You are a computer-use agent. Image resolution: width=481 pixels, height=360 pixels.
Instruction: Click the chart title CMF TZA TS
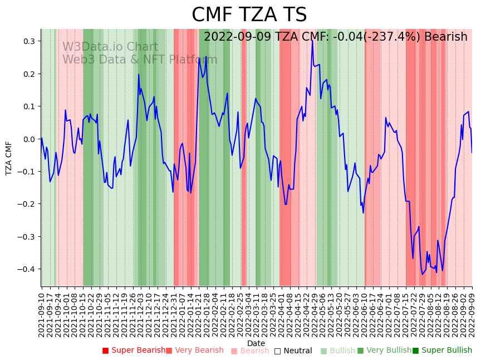(249, 15)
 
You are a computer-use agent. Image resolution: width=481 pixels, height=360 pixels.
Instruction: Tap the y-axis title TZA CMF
(9, 158)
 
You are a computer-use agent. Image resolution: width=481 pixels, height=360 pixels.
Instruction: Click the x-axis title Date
(256, 343)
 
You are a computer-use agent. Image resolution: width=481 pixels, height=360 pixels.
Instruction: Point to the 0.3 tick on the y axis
(28, 41)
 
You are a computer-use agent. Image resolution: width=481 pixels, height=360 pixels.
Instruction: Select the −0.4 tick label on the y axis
(27, 269)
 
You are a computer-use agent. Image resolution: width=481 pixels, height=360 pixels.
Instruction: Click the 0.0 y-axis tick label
(28, 139)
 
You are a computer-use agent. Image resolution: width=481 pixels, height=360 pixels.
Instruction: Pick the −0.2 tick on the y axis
(27, 204)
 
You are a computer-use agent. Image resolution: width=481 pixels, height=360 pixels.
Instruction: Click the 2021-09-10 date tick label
(41, 312)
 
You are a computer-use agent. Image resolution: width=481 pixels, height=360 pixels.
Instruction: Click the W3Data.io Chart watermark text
(110, 47)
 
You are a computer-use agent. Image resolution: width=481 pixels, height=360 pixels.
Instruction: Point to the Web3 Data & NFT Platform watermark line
(140, 60)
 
